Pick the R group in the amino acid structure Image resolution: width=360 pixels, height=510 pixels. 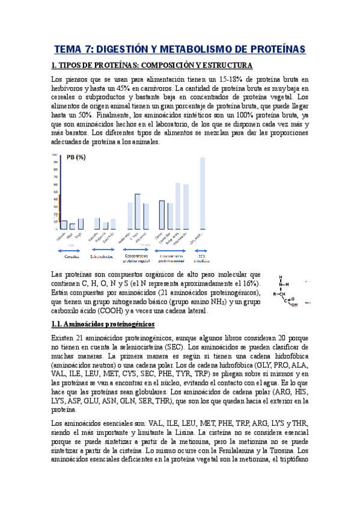[275, 294]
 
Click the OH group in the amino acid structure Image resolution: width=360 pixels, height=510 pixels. [294, 304]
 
